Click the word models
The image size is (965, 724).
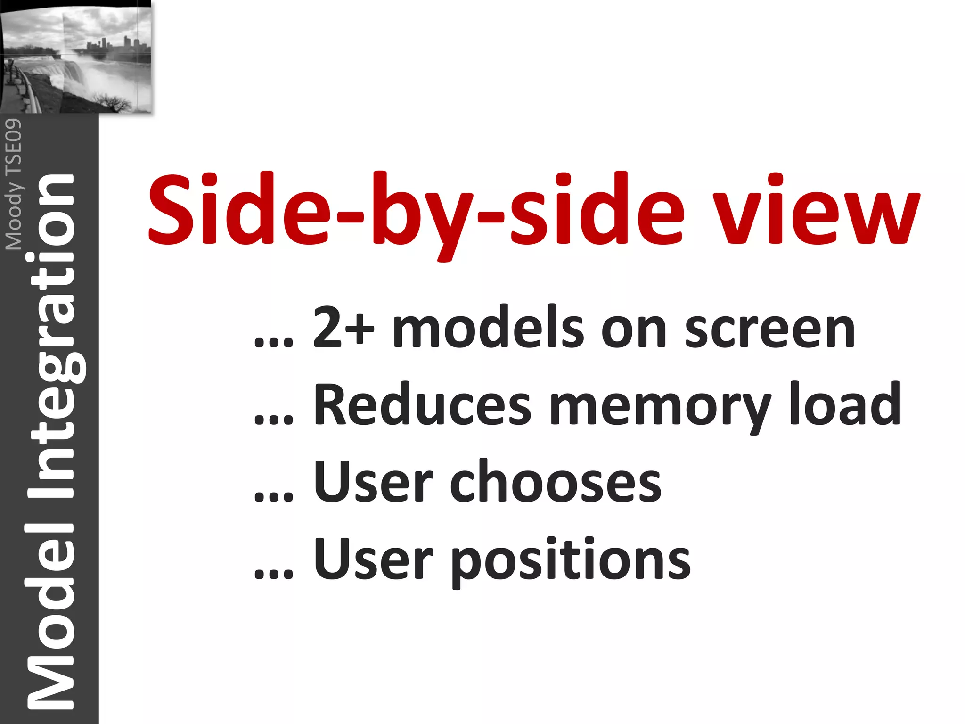pos(489,327)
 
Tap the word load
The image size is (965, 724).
pos(845,404)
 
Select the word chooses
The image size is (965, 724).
pos(556,482)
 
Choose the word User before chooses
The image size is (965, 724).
pos(373,482)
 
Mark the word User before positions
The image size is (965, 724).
pos(373,560)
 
